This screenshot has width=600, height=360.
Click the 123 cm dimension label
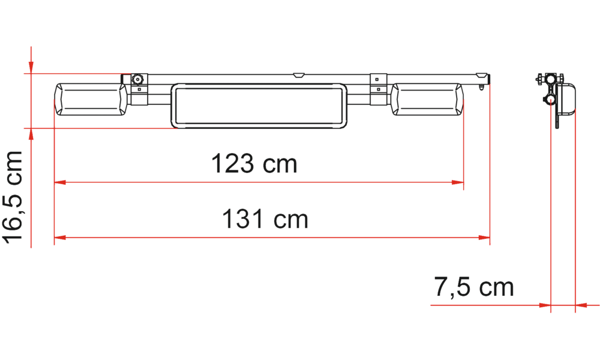click(x=254, y=163)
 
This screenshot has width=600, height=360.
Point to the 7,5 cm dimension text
click(x=473, y=289)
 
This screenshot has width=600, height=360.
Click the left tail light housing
click(x=90, y=100)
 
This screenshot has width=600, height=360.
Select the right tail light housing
click(x=428, y=100)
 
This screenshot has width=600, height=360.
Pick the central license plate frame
click(x=259, y=105)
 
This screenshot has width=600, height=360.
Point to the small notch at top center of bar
click(x=298, y=76)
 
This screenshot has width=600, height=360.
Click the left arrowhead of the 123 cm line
click(x=59, y=182)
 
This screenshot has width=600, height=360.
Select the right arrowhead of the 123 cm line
click(x=459, y=182)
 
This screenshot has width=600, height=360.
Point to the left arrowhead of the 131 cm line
click(x=59, y=238)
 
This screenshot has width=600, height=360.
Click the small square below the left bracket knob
click(x=139, y=89)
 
